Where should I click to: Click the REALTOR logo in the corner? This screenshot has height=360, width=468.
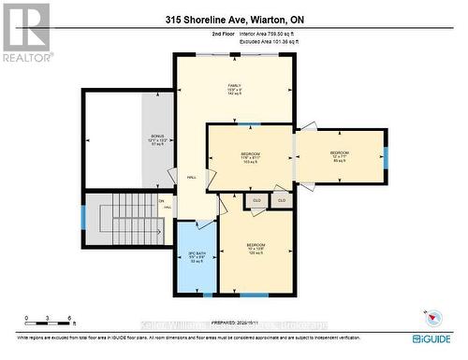25,32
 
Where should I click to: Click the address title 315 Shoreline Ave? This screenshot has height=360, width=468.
233,19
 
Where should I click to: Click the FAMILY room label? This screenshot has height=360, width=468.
234,90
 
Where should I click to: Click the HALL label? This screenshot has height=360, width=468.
191,176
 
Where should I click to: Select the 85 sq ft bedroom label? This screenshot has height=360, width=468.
339,156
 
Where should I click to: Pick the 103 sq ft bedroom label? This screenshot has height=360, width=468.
250,157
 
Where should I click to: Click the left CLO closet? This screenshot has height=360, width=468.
256,199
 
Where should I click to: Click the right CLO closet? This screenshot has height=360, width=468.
281,199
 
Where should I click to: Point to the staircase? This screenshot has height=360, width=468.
124,220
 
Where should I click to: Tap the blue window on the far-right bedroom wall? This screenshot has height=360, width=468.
386,156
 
